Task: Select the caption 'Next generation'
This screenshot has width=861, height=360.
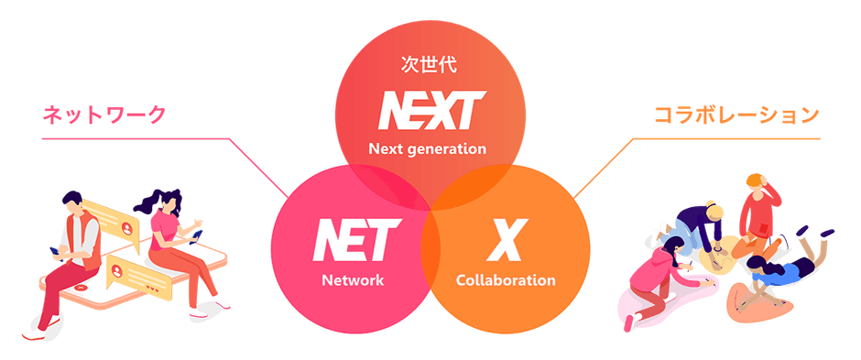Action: point(429,148)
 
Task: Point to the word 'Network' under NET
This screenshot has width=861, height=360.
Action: point(353,279)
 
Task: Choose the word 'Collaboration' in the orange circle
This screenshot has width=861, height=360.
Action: point(506,279)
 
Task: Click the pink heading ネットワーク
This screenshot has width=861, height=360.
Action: point(105,115)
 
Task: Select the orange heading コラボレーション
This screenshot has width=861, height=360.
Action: point(736,115)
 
